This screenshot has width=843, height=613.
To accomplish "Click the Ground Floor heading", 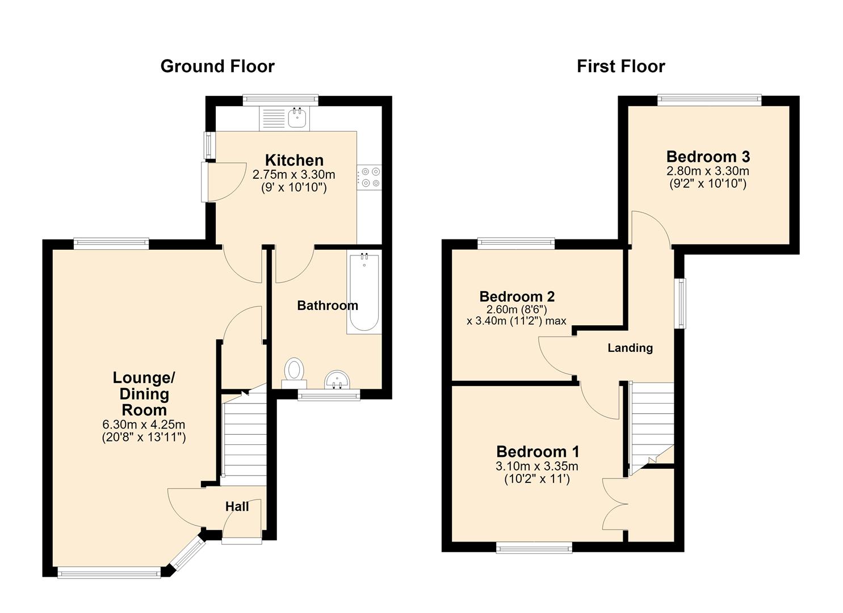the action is (217, 66).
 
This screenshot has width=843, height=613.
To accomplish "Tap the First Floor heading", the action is (621, 66).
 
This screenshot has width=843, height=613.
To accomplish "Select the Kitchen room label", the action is (294, 160).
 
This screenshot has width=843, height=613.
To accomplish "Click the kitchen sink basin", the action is (297, 117).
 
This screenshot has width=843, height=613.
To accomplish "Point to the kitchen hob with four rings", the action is (370, 177).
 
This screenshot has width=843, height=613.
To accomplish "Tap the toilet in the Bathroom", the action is (294, 373).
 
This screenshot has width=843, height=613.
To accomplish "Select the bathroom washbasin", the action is (337, 380).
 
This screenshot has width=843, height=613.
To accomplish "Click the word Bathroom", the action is (328, 305).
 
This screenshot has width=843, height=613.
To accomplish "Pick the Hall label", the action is (237, 506).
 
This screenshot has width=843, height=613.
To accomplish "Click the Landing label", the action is (630, 348).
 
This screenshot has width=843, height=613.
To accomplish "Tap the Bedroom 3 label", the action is (708, 157).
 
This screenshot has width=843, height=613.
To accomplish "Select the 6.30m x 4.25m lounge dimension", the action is (144, 425).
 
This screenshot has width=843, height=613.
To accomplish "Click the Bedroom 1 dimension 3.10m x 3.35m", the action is (536, 467).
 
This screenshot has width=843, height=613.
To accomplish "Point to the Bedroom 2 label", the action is (517, 296).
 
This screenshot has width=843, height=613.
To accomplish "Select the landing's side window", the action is (681, 303).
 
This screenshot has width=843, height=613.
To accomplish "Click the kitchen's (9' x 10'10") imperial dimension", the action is (294, 187).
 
